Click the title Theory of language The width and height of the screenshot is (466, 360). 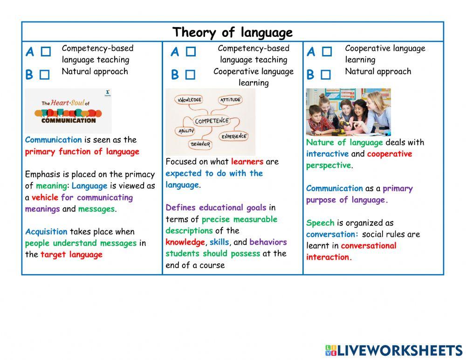[x=233, y=32]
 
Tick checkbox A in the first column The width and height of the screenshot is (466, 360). [x=46, y=52]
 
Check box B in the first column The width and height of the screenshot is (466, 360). [x=44, y=75]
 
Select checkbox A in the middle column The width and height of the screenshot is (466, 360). [x=191, y=52]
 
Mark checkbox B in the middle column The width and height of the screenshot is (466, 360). [x=190, y=75]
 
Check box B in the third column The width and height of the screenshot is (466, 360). [x=326, y=75]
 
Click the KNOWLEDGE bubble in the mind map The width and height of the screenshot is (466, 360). [x=189, y=100]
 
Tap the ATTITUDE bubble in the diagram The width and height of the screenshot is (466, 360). [x=230, y=100]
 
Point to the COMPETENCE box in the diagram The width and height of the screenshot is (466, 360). [x=212, y=121]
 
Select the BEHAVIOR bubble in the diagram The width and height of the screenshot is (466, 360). [x=200, y=144]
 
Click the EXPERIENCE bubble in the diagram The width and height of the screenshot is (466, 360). [x=234, y=136]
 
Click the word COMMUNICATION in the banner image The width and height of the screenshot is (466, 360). [x=68, y=120]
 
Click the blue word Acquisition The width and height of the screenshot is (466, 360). [x=46, y=232]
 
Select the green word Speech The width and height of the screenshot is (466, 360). [x=320, y=223]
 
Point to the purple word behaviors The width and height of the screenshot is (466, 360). [x=268, y=242]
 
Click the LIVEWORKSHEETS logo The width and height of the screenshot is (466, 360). [x=394, y=351]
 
